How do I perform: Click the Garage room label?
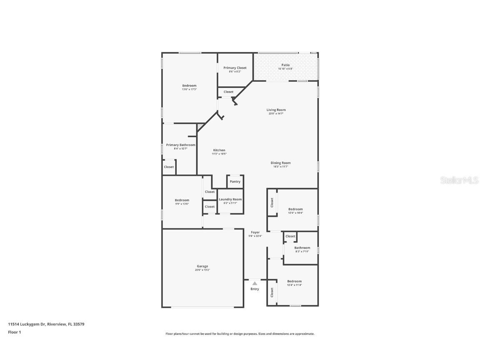tap(202, 266)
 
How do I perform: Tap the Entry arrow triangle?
tap(255, 283)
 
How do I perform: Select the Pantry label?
tap(235, 182)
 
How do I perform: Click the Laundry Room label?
tap(230, 200)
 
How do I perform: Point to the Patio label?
tap(285, 65)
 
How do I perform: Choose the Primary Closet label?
tap(235, 68)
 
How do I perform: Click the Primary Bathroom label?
tap(180, 145)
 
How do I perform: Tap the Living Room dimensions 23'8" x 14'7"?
tap(276, 114)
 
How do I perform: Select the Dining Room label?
tap(281, 163)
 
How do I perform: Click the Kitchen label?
tap(219, 150)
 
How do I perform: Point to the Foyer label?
tap(255, 232)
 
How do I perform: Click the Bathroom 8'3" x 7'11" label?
tap(302, 248)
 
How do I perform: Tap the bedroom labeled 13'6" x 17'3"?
tap(189, 86)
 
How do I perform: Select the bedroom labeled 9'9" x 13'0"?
tap(182, 200)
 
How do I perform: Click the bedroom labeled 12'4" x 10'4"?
tap(295, 209)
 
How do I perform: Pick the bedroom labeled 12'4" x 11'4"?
tap(294, 281)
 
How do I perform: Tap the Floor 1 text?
tap(14, 332)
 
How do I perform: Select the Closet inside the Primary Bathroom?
tap(169, 167)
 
